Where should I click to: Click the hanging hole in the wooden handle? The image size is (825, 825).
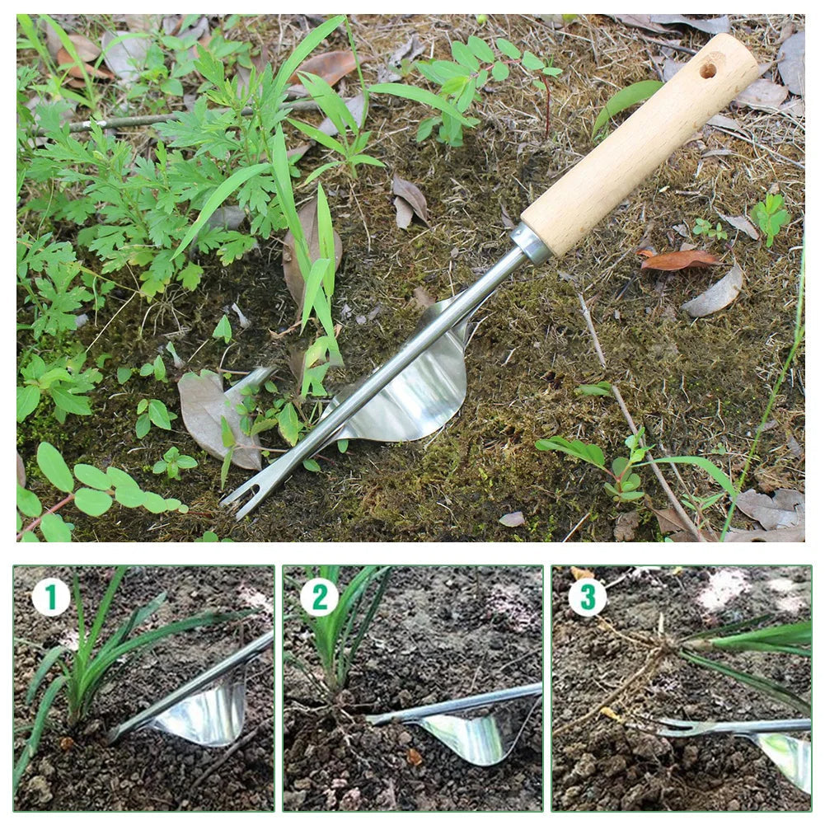pyautogui.click(x=708, y=70)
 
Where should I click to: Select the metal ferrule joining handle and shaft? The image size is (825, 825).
pyautogui.click(x=530, y=243)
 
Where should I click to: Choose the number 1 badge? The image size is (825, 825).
pyautogui.click(x=51, y=597)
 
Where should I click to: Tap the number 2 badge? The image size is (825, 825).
pyautogui.click(x=319, y=597)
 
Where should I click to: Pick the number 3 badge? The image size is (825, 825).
pyautogui.click(x=587, y=597)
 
